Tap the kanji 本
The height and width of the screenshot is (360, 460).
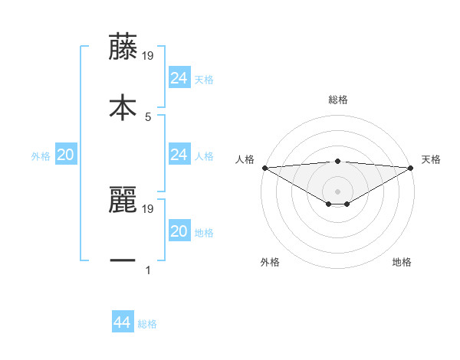(x=122, y=106)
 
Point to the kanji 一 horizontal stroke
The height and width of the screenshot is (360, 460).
(x=122, y=260)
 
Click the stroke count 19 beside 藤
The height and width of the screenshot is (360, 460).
(x=148, y=55)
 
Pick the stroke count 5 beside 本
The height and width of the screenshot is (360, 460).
(x=147, y=116)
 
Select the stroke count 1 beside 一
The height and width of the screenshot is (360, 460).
(x=147, y=270)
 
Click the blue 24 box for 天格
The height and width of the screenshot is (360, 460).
(x=179, y=78)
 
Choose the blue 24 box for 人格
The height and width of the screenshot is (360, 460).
(x=179, y=155)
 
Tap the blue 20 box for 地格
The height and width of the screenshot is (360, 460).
(x=179, y=231)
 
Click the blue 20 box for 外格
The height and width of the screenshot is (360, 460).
(x=65, y=155)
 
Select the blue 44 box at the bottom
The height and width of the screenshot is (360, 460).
(x=122, y=323)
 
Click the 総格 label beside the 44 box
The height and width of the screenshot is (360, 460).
(x=147, y=324)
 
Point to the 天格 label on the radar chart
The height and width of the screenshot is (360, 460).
(x=431, y=159)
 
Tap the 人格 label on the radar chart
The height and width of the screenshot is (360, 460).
(x=245, y=159)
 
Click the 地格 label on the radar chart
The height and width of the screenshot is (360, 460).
(x=402, y=263)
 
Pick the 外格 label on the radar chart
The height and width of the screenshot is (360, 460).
(x=270, y=263)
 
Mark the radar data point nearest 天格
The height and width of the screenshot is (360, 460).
(x=412, y=167)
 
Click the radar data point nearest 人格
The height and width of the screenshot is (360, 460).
(x=264, y=167)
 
